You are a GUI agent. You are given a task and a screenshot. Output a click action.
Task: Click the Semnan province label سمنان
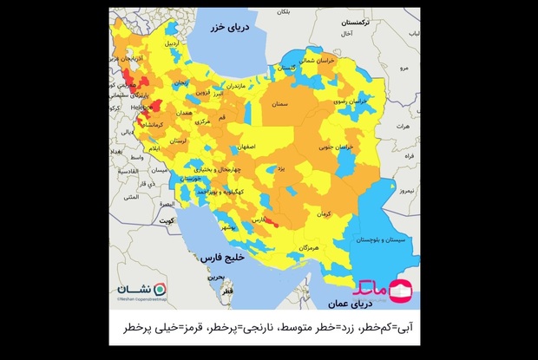[x=279, y=104]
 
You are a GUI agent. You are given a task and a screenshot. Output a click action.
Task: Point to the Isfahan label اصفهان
[x=243, y=148]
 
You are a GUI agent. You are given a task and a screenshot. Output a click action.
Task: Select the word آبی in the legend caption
[x=415, y=329]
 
